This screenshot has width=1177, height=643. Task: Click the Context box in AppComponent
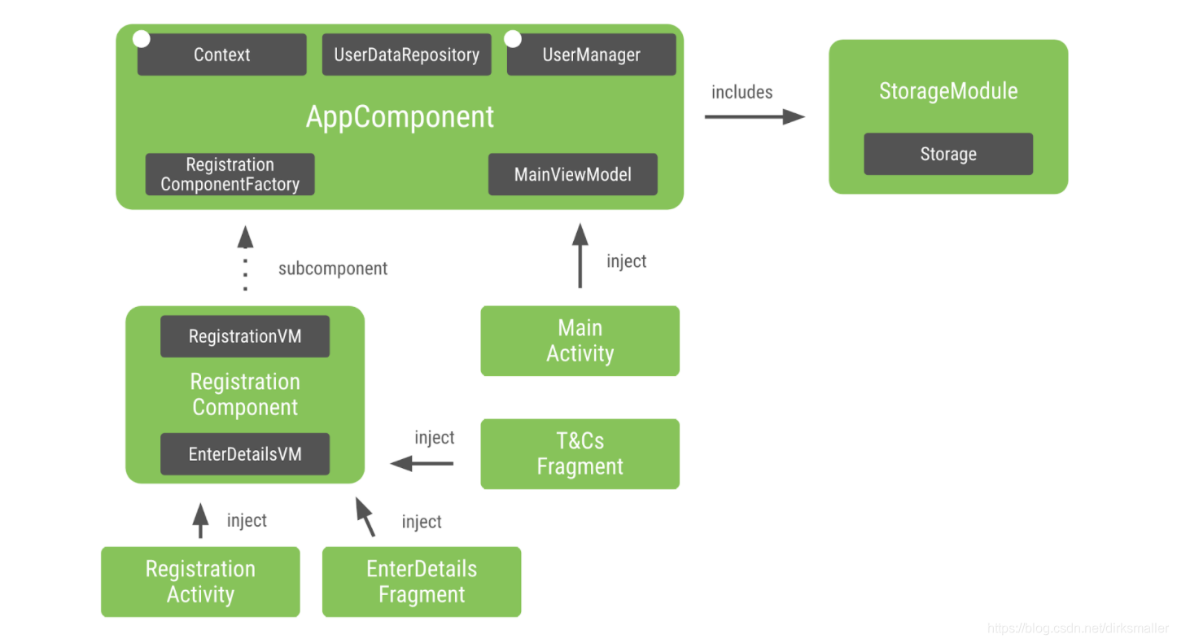[x=221, y=55]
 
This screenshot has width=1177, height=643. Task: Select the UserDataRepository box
[x=406, y=55]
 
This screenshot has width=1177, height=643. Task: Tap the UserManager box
[x=591, y=55]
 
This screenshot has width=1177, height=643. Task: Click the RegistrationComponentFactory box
[x=230, y=174]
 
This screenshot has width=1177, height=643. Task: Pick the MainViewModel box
[x=572, y=174]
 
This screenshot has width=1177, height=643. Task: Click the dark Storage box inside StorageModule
[x=947, y=154]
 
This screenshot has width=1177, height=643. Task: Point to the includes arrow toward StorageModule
[x=754, y=116]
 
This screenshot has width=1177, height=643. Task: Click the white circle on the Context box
[x=142, y=38]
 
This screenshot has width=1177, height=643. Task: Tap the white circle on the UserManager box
[x=513, y=38]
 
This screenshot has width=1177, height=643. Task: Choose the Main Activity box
[x=580, y=340]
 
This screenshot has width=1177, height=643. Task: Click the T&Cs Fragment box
[x=580, y=453]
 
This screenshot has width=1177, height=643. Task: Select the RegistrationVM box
[x=245, y=336]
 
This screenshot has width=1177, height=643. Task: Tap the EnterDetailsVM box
[x=245, y=453]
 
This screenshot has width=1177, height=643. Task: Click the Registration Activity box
[x=200, y=581]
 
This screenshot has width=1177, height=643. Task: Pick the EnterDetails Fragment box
[x=422, y=581]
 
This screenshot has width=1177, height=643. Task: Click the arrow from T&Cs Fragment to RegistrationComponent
[x=422, y=463]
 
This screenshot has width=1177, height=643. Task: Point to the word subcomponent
[x=333, y=269]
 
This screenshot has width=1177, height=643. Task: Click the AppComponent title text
[x=400, y=116]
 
